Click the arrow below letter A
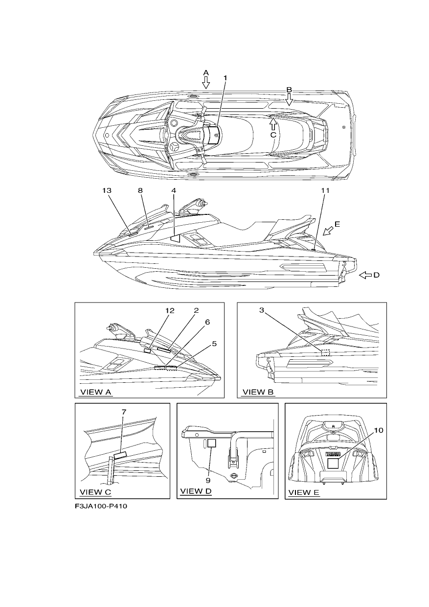(206, 82)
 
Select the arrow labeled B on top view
(289, 99)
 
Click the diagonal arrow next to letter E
(328, 231)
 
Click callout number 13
(107, 190)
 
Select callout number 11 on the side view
(325, 190)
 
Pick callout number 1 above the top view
(225, 78)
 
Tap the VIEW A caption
(96, 392)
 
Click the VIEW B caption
(258, 392)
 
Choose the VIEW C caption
(95, 492)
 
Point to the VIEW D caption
(196, 491)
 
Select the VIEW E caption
(304, 492)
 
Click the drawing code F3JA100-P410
(101, 506)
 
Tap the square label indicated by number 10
(333, 464)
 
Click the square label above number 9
(211, 444)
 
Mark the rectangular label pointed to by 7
(120, 455)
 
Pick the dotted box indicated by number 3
(325, 352)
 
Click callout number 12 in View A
(170, 310)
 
